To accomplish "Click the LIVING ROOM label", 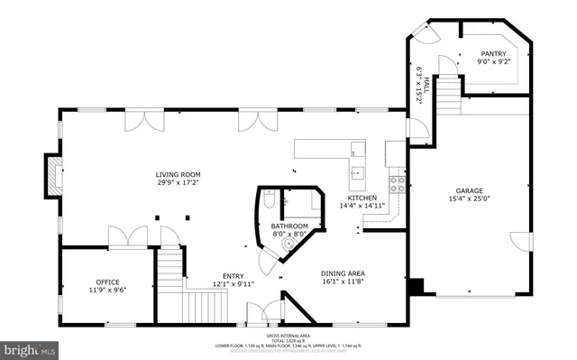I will point(177,174).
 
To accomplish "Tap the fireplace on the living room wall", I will point(54,174).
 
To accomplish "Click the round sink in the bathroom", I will point(290,241).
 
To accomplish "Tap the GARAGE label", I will point(469,190).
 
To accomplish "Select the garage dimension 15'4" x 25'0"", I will point(469,199).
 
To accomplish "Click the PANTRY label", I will point(494,53).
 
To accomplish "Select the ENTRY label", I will point(233,276).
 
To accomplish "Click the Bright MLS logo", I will point(30,347).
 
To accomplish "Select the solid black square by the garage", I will point(415,287).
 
